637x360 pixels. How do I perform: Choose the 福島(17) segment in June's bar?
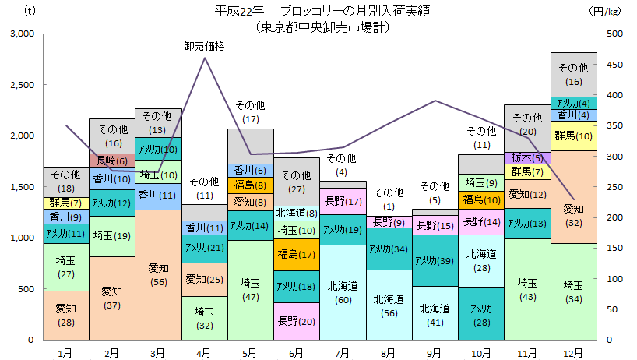(297, 254)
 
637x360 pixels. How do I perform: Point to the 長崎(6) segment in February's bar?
(112, 161)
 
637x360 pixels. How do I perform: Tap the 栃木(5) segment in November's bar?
(527, 158)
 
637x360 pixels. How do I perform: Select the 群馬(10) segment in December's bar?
(574, 136)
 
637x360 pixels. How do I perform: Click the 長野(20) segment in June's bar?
(297, 320)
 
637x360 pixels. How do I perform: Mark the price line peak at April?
(205, 58)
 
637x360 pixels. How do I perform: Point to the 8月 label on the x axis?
(389, 353)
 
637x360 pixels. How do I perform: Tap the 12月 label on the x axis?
(574, 353)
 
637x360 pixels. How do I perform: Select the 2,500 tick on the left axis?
(21, 85)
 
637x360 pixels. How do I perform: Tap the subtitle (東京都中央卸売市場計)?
(322, 26)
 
